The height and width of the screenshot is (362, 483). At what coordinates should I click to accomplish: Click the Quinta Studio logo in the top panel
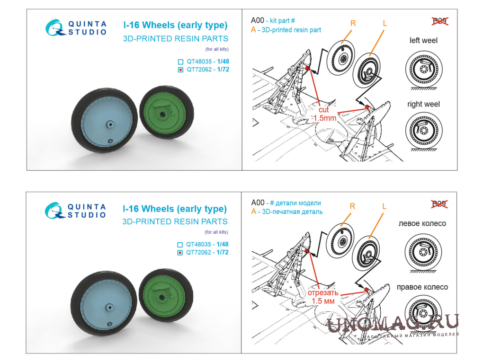[x=76, y=28]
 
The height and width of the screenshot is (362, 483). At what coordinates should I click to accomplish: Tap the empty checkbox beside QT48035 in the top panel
[x=180, y=62]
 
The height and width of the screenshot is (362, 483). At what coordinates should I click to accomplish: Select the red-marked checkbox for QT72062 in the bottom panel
[x=180, y=253]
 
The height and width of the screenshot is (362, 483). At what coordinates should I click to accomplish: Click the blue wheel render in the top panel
[x=104, y=120]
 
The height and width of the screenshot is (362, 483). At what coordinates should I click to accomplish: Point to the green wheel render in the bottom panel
[x=166, y=295]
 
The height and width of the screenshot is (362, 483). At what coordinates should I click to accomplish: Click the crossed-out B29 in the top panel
[x=440, y=21]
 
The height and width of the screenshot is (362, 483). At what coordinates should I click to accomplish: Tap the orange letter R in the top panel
[x=353, y=23]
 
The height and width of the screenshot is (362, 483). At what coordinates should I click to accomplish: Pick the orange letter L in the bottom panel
[x=384, y=206]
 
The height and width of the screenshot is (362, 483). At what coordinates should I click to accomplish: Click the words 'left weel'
[x=423, y=40]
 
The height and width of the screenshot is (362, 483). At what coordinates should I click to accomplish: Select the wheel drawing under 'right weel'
[x=424, y=130]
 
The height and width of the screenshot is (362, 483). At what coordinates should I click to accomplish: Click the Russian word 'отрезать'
[x=323, y=292]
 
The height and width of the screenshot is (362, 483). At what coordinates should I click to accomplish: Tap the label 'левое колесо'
[x=422, y=223]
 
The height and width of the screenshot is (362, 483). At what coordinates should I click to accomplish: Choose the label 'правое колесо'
[x=422, y=287]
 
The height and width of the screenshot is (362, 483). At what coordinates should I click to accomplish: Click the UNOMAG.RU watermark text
[x=393, y=323]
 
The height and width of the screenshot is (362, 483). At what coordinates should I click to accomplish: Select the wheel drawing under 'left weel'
[x=424, y=70]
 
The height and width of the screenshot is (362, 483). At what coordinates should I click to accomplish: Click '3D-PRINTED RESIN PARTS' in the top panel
[x=176, y=39]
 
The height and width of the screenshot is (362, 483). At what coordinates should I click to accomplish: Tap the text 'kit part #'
[x=283, y=21]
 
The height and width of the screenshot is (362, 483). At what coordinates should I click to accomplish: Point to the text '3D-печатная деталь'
[x=292, y=212]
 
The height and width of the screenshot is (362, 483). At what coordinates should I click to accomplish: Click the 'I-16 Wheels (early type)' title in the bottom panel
[x=175, y=209]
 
